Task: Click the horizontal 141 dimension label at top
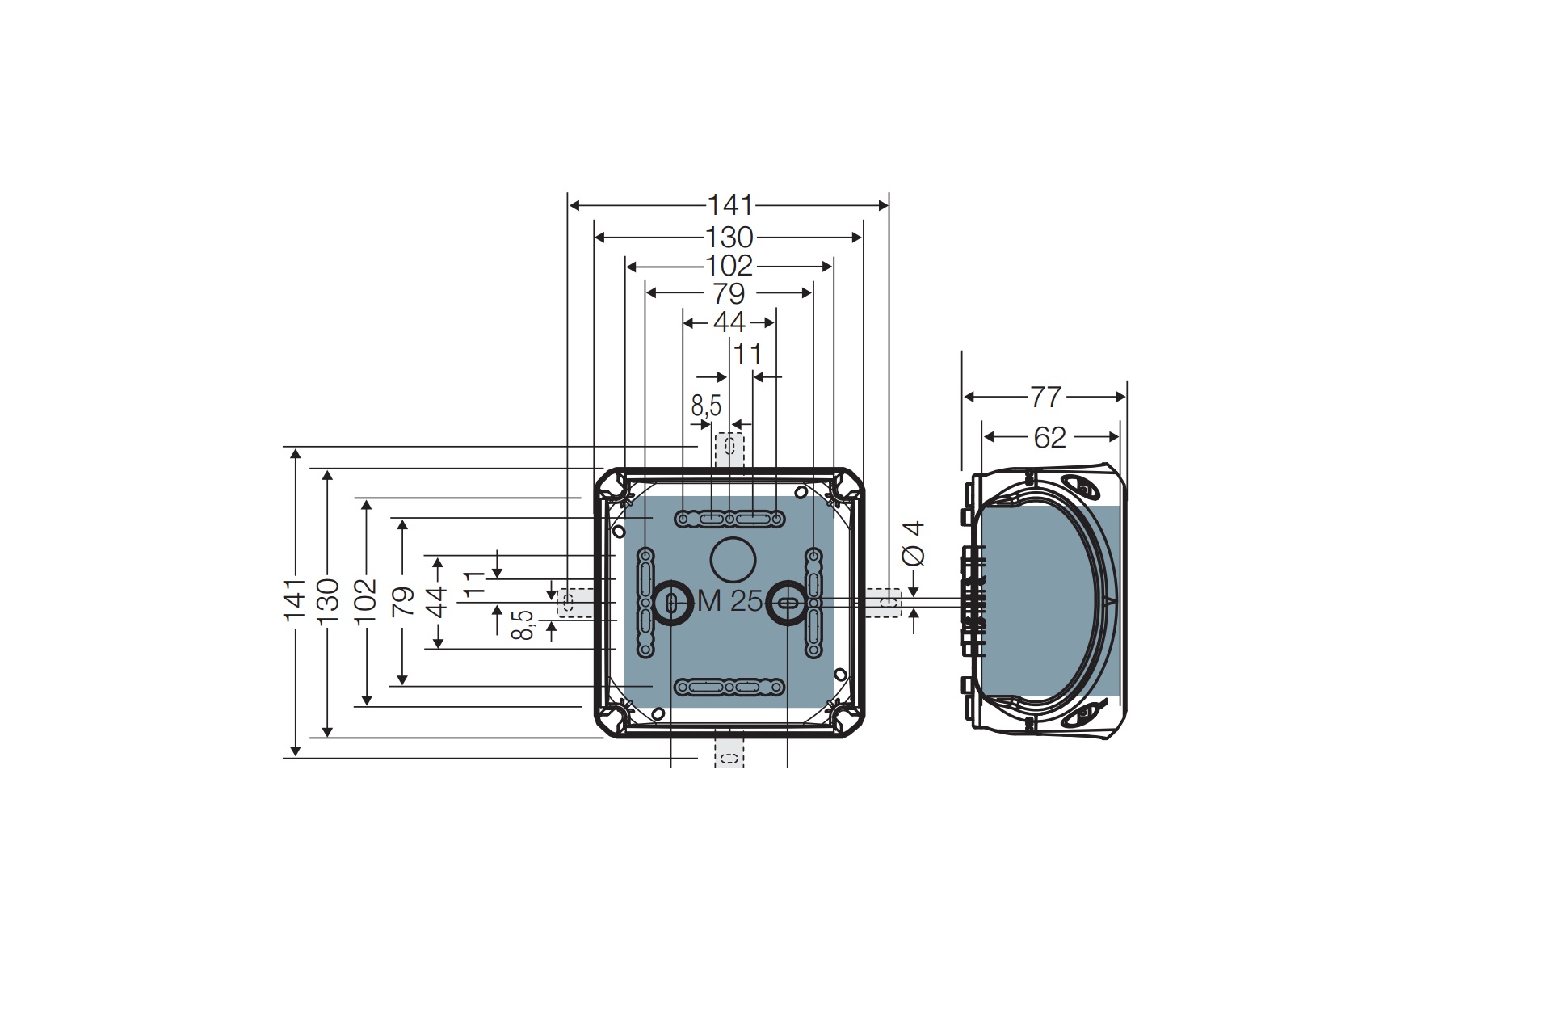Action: (729, 205)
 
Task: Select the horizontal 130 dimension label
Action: (729, 238)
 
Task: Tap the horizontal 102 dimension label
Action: (729, 266)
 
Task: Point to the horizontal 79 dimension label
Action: (729, 294)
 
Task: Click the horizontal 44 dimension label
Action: (729, 323)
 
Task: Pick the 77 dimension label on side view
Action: (1045, 397)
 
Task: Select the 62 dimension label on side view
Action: (1049, 438)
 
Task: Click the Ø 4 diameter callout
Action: (914, 543)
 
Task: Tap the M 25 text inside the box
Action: (729, 601)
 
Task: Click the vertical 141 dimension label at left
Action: (295, 599)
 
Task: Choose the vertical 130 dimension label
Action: (327, 601)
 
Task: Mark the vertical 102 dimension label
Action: (366, 601)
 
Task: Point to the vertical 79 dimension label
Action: (402, 601)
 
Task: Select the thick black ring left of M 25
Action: (670, 601)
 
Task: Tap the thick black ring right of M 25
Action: (787, 601)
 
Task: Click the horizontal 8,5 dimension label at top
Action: (706, 406)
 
